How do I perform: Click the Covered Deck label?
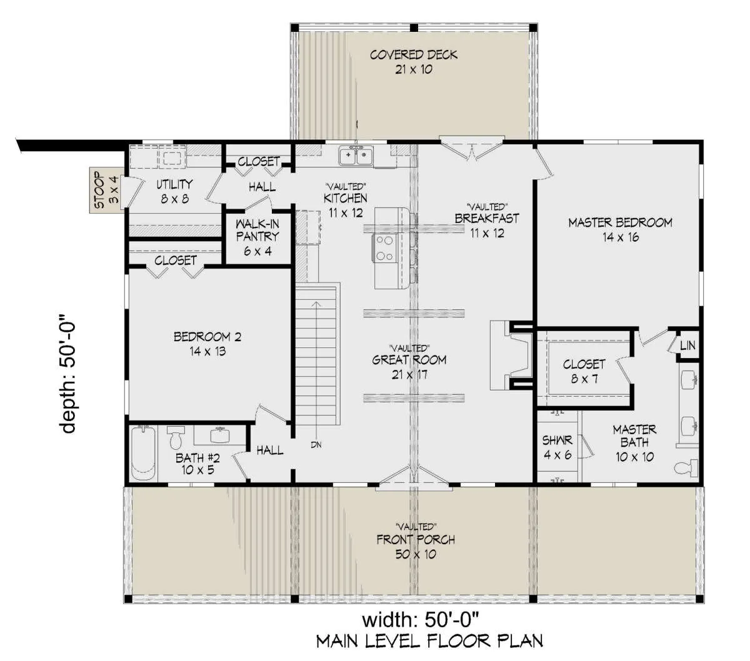pyautogui.click(x=414, y=62)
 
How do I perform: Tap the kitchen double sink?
pyautogui.click(x=356, y=155)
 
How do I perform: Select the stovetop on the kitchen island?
pyautogui.click(x=384, y=248)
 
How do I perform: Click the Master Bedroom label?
pyautogui.click(x=620, y=229)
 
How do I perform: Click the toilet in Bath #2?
pyautogui.click(x=175, y=437)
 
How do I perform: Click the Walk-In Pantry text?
pyautogui.click(x=257, y=230)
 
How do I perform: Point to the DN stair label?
pyautogui.click(x=316, y=445)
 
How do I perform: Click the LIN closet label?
pyautogui.click(x=687, y=345)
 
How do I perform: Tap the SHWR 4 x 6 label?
pyautogui.click(x=557, y=447)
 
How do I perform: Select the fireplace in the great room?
pyautogui.click(x=511, y=355)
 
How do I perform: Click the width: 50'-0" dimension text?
pyautogui.click(x=421, y=620)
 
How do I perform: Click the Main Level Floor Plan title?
pyautogui.click(x=429, y=642)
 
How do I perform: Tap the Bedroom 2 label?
pyautogui.click(x=207, y=344)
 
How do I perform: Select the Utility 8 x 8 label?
pyautogui.click(x=174, y=191)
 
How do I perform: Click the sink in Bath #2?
pyautogui.click(x=220, y=435)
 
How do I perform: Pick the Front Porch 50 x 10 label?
pyautogui.click(x=416, y=547)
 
